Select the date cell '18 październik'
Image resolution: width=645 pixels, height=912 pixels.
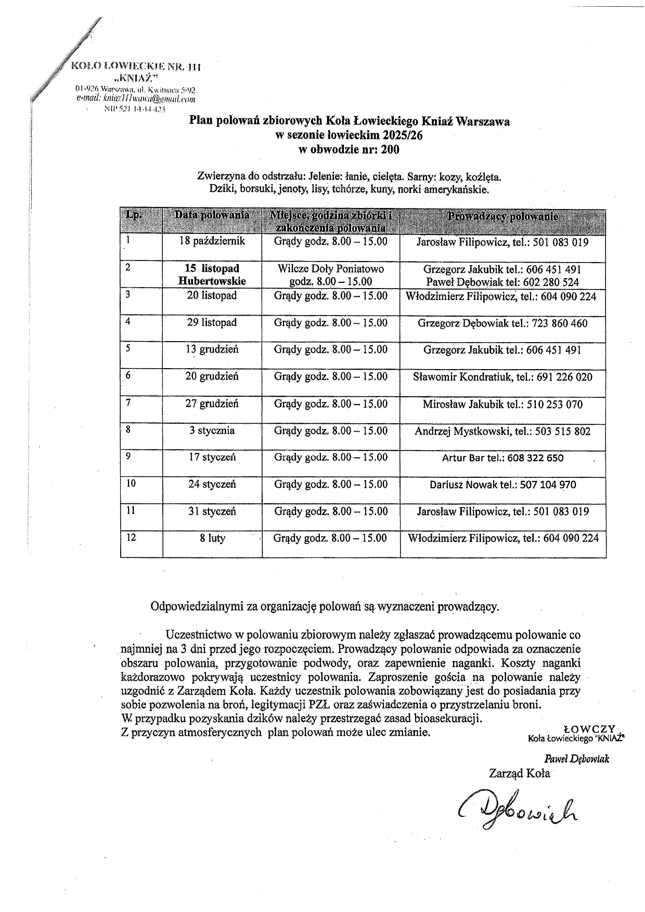coord(212,242)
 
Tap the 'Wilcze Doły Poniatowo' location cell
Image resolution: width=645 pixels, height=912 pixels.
coord(331,269)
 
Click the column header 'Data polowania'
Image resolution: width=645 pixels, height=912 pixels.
coord(212,215)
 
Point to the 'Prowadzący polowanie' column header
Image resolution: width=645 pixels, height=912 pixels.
coord(502,216)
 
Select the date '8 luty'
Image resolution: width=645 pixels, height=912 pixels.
coord(212,538)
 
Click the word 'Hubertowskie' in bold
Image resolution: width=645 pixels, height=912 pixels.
coord(212,281)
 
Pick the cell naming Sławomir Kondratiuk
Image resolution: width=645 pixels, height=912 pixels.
coord(502,377)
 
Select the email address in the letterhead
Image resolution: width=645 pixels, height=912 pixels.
coord(136,99)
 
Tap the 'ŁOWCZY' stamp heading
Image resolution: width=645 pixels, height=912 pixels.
coord(589,729)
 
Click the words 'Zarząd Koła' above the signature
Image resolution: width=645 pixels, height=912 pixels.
coord(519,773)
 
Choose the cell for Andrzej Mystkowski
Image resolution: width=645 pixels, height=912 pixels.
coord(502,431)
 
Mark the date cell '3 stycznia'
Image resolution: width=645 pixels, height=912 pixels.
coord(212,431)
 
